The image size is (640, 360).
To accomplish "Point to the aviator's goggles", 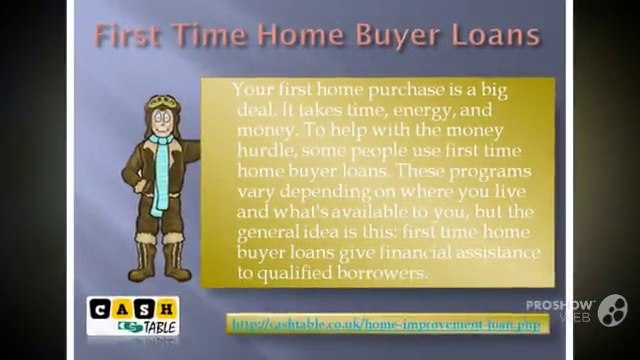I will point(160,103).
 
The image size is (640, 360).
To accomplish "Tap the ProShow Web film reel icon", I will point(613,309).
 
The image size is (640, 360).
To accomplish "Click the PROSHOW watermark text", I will point(560,303).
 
